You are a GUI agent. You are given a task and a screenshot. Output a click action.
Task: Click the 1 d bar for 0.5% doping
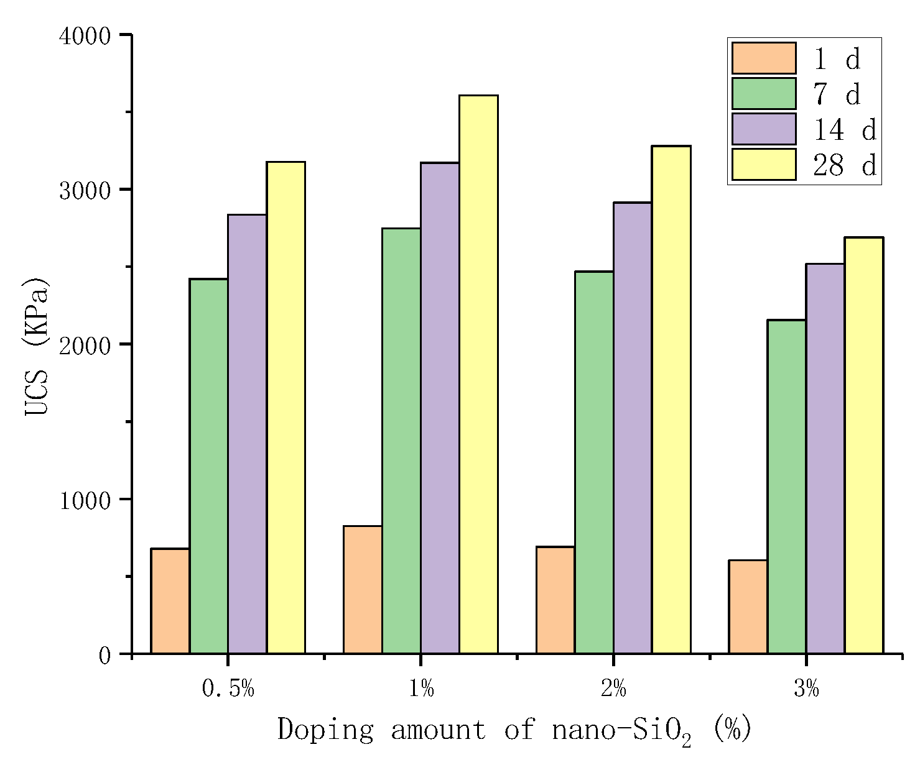[x=170, y=601]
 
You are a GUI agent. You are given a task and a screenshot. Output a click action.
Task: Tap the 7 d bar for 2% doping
[x=593, y=462]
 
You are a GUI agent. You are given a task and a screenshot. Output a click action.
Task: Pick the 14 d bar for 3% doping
[x=825, y=459]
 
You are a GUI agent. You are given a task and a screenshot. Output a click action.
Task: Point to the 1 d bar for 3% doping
[x=748, y=607]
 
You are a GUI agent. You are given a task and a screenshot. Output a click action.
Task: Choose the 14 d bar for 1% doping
[x=440, y=408]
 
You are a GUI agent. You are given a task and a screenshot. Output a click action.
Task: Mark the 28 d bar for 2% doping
[x=671, y=400]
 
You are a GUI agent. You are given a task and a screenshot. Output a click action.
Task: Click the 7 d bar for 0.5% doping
[x=208, y=466]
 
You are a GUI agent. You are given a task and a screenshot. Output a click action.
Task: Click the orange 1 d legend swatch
[x=763, y=58]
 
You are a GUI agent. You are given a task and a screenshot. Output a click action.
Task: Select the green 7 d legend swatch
[x=763, y=94]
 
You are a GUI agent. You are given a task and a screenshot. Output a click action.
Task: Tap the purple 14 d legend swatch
[x=763, y=129]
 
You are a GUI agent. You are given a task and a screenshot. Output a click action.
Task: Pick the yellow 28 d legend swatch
[x=763, y=165]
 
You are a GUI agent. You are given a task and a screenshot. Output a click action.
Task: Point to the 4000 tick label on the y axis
[x=85, y=36]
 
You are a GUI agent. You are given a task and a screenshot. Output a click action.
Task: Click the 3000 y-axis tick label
[x=85, y=191]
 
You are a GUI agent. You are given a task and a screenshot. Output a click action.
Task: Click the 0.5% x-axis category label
[x=228, y=689]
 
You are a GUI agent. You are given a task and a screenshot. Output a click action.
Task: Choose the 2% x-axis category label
[x=613, y=689]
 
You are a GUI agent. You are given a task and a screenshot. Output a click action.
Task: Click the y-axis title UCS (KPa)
[x=36, y=346]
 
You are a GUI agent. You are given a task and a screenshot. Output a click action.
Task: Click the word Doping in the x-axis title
[x=325, y=730]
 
